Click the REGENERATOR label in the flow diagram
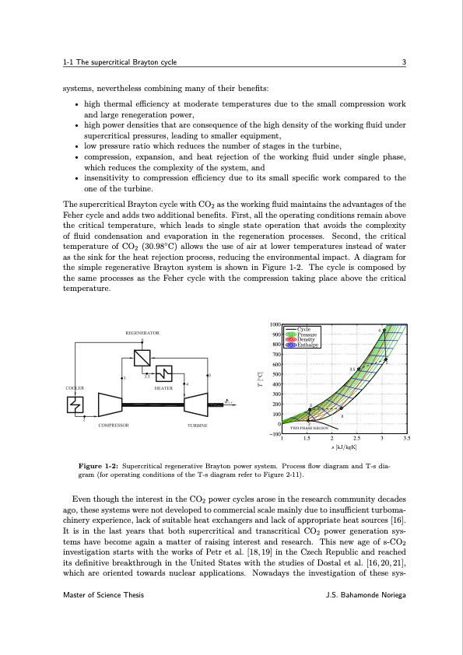142,333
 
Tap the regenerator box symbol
142,357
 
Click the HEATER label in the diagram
163,387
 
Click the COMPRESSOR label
113,426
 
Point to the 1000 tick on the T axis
275,325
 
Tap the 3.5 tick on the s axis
406,440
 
